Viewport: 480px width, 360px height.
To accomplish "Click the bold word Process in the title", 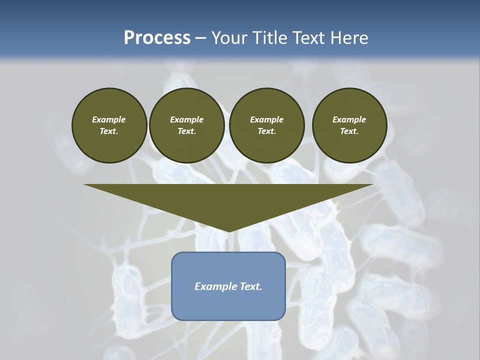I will coord(157,38).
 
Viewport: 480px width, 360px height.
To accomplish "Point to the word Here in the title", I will coord(349,38).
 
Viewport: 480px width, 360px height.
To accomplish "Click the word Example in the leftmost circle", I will coord(109,119).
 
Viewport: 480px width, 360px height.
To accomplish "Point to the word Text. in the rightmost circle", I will coord(349,131).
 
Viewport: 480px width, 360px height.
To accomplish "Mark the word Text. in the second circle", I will coord(186,131).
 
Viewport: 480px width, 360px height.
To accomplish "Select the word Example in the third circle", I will coord(266,119).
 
